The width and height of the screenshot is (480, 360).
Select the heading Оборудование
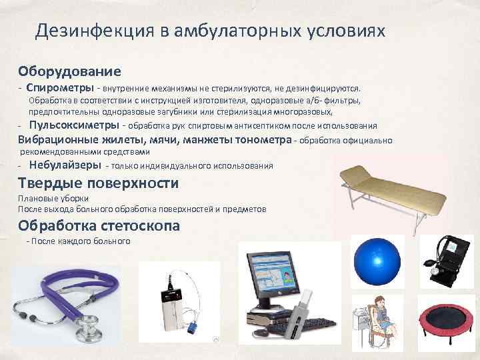[69, 71]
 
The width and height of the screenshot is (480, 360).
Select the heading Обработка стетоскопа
[99, 225]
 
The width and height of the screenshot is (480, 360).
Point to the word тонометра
[265, 140]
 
